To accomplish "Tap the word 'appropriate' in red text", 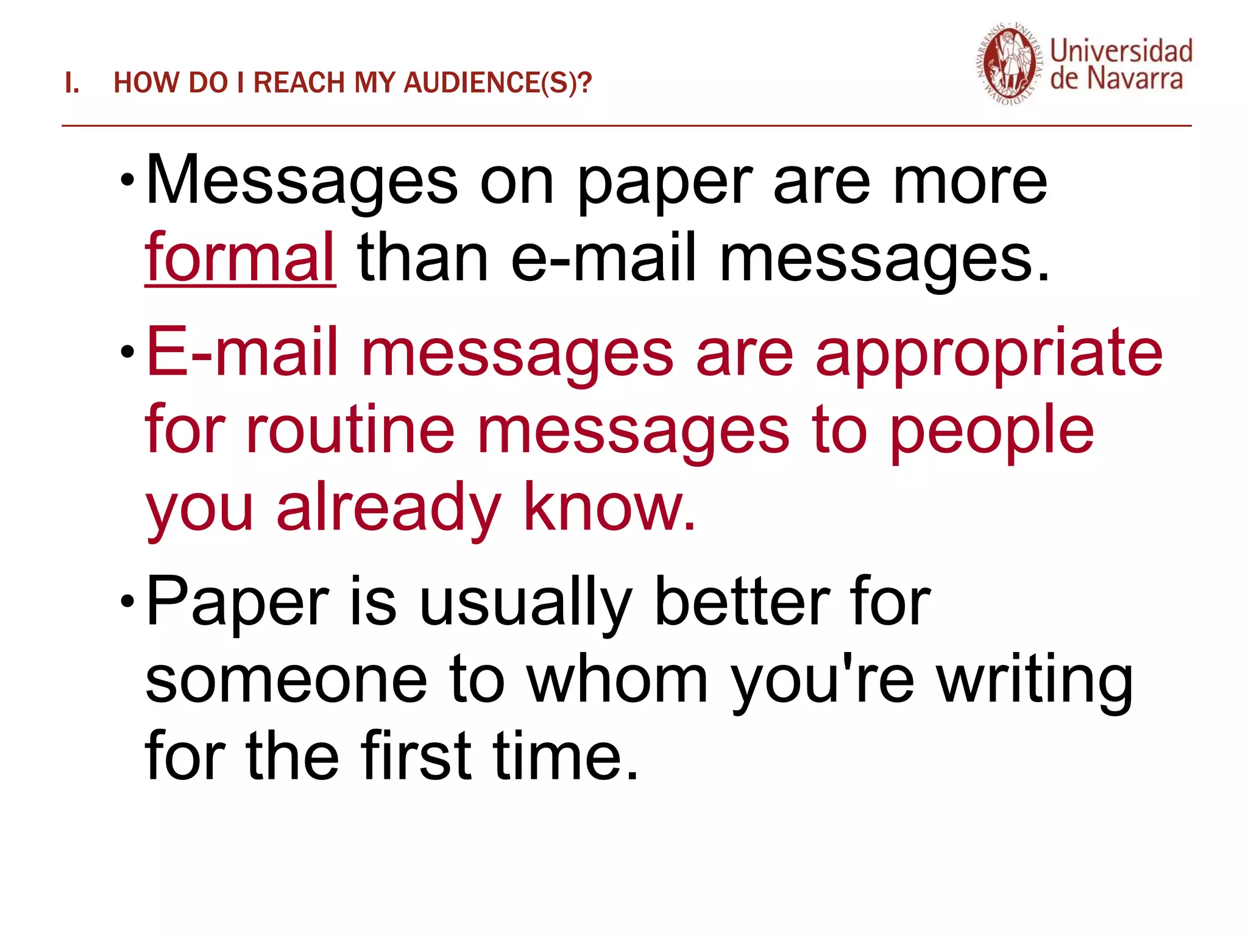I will point(989,355).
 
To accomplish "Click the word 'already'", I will point(388,508).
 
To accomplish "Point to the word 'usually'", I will point(526,603).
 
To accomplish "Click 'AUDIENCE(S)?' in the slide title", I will point(497,83).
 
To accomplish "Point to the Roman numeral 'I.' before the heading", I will point(72,83).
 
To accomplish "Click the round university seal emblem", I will point(1010,65).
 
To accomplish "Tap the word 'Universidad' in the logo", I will point(1121,51).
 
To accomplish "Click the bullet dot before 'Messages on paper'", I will point(127,180).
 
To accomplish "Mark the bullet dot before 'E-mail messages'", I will point(127,352).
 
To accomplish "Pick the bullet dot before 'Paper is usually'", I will point(127,601).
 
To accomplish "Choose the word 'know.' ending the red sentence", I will point(609,508).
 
